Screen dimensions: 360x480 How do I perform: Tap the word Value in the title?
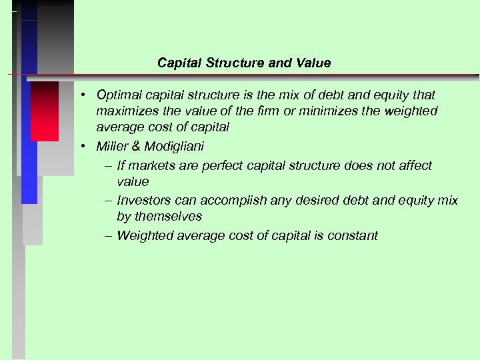[x=314, y=63]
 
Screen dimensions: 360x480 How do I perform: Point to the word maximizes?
[x=125, y=111]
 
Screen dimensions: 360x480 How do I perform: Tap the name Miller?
[x=111, y=146]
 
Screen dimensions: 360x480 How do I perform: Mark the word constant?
[x=352, y=235]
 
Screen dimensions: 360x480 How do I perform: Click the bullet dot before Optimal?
[x=86, y=95]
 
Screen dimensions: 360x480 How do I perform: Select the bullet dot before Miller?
[x=86, y=146]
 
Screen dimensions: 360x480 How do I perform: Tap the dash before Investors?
[x=108, y=201]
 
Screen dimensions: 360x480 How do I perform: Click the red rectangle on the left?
[x=45, y=111]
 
